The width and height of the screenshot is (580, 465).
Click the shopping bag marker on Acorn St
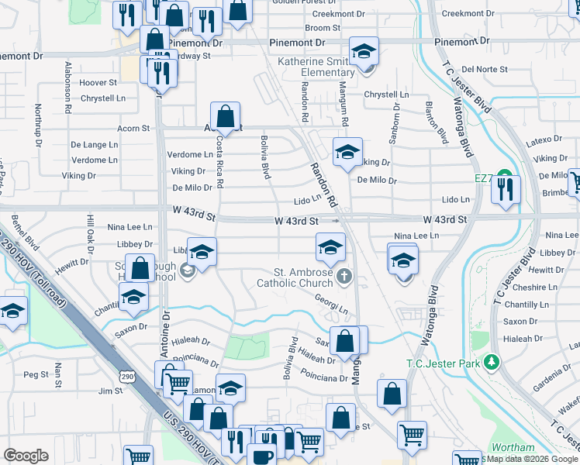coord(225,117)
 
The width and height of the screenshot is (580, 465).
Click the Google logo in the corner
coord(26,456)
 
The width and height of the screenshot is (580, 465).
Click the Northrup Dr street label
coord(38,122)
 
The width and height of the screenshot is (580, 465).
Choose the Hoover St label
coord(98,82)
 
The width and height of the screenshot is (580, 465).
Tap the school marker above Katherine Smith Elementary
coord(364,51)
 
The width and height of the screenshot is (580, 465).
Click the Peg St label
coord(36,374)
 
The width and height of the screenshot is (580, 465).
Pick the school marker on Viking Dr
coord(348,151)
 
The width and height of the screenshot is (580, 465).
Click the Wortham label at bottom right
coord(513,448)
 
